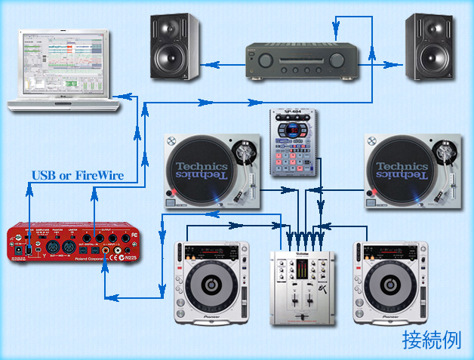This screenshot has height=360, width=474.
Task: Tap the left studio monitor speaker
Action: (x=174, y=47)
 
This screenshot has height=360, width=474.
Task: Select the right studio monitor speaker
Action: (x=431, y=47)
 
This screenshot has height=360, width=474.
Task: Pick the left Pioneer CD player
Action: (x=211, y=281)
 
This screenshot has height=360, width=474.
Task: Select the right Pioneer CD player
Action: (x=389, y=281)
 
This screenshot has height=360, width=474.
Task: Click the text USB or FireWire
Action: (x=77, y=176)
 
